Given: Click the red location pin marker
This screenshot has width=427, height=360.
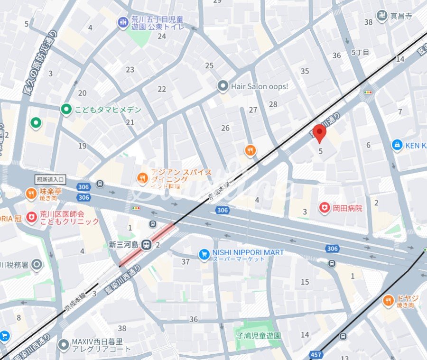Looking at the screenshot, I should click(321, 133).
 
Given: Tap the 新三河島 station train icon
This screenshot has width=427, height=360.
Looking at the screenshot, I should click(147, 245).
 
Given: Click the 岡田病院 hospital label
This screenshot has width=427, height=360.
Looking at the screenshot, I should click(347, 208).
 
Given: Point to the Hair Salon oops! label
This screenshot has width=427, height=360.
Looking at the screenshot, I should click(260, 86).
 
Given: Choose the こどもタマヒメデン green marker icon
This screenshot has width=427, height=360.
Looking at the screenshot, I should click(66, 110).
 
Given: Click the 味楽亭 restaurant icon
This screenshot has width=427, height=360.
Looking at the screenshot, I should click(30, 194).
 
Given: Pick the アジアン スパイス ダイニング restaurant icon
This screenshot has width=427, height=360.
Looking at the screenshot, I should click(142, 178).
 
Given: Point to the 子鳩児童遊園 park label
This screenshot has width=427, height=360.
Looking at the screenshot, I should click(258, 335).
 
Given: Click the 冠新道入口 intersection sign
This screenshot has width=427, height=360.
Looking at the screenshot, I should click(51, 179).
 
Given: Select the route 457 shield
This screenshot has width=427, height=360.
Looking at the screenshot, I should click(316, 354).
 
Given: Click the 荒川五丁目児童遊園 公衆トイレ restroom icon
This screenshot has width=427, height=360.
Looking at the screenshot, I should click(123, 22).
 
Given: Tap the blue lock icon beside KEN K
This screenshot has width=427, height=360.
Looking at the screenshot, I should click(397, 145).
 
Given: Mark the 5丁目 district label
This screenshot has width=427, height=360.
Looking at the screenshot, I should click(360, 52).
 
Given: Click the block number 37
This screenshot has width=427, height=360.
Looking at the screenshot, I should click(186, 261).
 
